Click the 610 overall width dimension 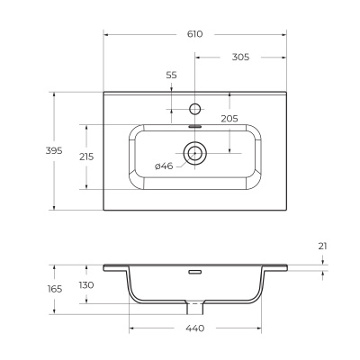coord(195,33)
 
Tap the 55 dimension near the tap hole coord(171,76)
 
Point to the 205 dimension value coord(229,118)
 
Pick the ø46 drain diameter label coord(164,166)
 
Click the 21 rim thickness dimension coord(322,245)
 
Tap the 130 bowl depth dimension coord(86,284)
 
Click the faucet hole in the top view coord(195,109)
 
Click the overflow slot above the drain coord(195,128)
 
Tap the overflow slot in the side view coord(195,270)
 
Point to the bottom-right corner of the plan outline coord(287,210)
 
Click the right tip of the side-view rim coord(287,266)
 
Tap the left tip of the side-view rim coord(104,266)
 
